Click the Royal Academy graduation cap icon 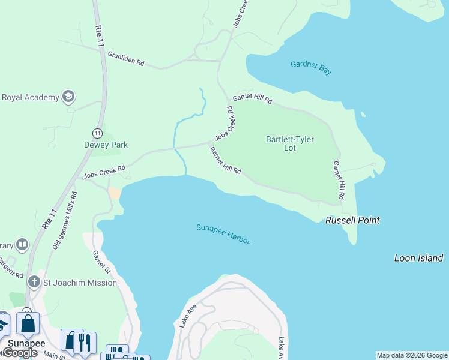tap(69, 97)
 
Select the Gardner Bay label tap(310, 67)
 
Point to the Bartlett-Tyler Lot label tap(290, 143)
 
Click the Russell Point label tap(352, 220)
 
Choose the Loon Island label tap(418, 258)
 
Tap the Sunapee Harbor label tap(223, 233)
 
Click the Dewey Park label tap(106, 145)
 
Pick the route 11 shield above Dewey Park tap(97, 133)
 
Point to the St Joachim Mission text tap(80, 282)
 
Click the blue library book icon tap(22, 244)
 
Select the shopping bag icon tap(28, 324)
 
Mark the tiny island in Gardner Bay tap(363, 114)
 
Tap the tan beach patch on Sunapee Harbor tap(114, 193)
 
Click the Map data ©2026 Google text tap(412, 355)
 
